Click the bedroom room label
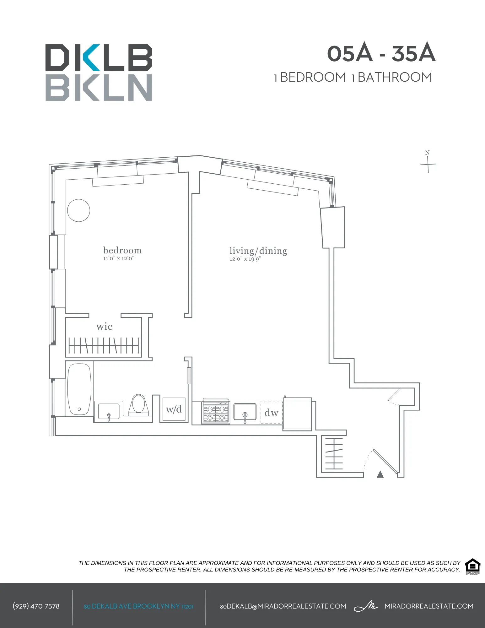point(122,250)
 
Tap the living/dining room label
point(258,251)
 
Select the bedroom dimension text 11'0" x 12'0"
point(119,258)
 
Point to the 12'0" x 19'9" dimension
point(245,259)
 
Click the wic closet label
point(104,327)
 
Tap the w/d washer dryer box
point(174,409)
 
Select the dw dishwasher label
point(271,413)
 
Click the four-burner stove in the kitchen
point(216,413)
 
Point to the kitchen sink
point(245,412)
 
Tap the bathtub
point(79,389)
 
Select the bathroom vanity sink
point(109,411)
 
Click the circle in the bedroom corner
point(78,210)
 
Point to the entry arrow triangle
point(380,474)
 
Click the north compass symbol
point(428,163)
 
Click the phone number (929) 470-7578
point(36,606)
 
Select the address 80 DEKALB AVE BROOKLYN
point(138,606)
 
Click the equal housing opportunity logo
point(472,566)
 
